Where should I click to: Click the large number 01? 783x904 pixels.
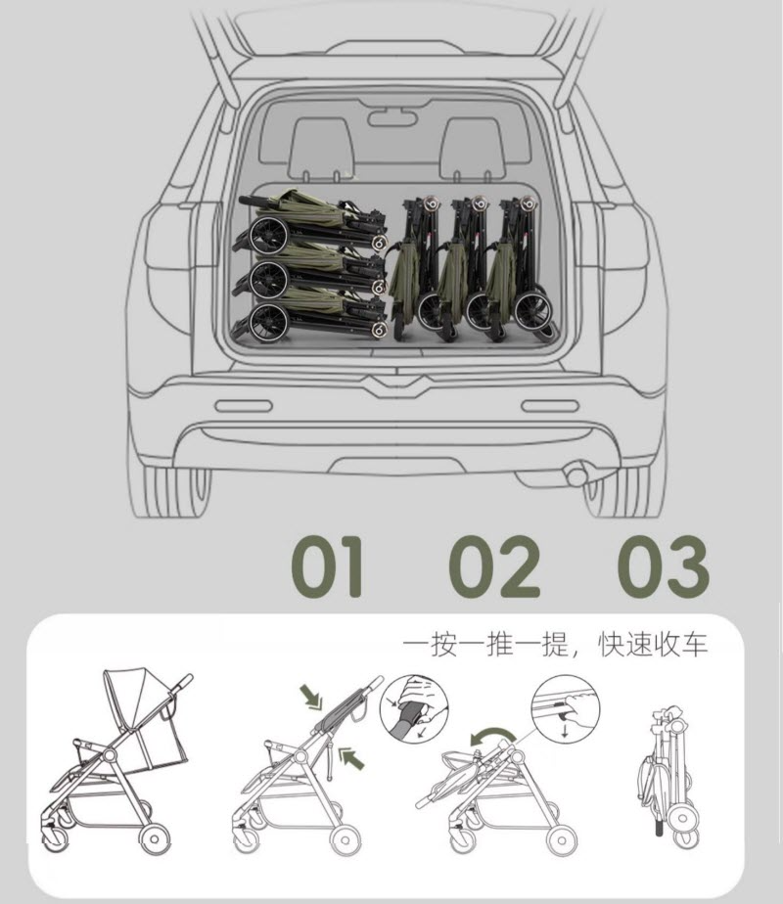pyautogui.click(x=327, y=566)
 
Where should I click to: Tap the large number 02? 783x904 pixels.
pyautogui.click(x=494, y=566)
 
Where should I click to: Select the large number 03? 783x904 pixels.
pyautogui.click(x=663, y=566)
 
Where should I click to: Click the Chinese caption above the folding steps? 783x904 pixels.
pyautogui.click(x=555, y=644)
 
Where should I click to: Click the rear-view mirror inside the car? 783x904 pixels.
pyautogui.click(x=392, y=117)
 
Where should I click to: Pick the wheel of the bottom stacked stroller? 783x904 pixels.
pyautogui.click(x=270, y=321)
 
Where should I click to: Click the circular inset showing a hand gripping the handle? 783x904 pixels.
pyautogui.click(x=414, y=708)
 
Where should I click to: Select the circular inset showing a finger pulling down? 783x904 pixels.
pyautogui.click(x=566, y=709)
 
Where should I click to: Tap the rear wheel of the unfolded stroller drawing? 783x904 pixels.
pyautogui.click(x=155, y=839)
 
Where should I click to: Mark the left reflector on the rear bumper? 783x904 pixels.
pyautogui.click(x=244, y=406)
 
